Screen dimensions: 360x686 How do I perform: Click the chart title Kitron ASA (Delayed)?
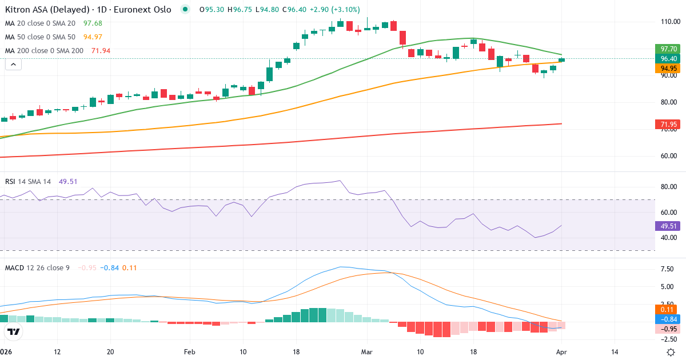(48, 10)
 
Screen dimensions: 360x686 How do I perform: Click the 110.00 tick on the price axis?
(669, 22)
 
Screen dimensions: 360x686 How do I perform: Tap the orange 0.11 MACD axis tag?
(667, 309)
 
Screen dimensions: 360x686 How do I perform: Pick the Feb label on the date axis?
(190, 352)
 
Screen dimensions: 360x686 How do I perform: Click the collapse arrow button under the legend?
(13, 65)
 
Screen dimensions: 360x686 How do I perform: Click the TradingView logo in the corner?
(14, 331)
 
